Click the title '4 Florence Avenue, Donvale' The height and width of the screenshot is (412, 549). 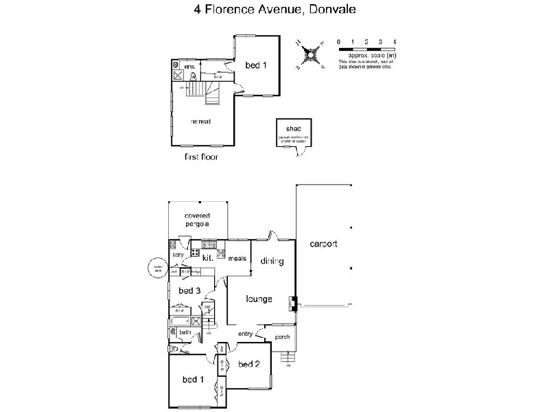[274, 10]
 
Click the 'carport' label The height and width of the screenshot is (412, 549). [323, 244]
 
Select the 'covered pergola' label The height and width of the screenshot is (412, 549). [196, 220]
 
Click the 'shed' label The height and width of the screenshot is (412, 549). [294, 128]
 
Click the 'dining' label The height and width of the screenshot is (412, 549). [272, 261]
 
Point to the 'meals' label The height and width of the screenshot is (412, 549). [237, 259]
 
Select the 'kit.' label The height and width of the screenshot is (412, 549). [207, 257]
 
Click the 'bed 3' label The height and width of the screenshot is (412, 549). [189, 291]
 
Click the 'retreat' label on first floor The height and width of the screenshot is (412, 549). [200, 122]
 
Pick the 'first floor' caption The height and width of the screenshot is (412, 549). [201, 157]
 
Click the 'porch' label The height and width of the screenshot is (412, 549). [282, 337]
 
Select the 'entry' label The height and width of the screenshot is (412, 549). [246, 334]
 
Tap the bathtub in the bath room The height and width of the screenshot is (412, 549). [180, 321]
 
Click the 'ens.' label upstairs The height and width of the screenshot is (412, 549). [189, 67]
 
